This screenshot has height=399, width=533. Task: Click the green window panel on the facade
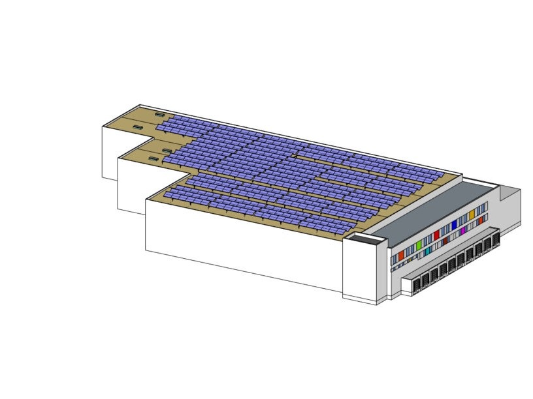click(x=419, y=246)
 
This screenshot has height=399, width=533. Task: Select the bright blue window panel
click(x=454, y=224)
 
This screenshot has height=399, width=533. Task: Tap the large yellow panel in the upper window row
click(x=472, y=214)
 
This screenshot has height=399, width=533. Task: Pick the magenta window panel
click(x=463, y=231)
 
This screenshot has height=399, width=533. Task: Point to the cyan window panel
click(x=427, y=250)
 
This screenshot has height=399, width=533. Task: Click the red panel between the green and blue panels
click(x=436, y=235)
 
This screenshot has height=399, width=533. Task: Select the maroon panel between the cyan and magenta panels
click(x=445, y=241)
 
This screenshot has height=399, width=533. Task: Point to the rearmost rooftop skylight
click(x=160, y=114)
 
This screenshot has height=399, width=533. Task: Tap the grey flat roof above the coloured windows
click(x=431, y=209)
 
